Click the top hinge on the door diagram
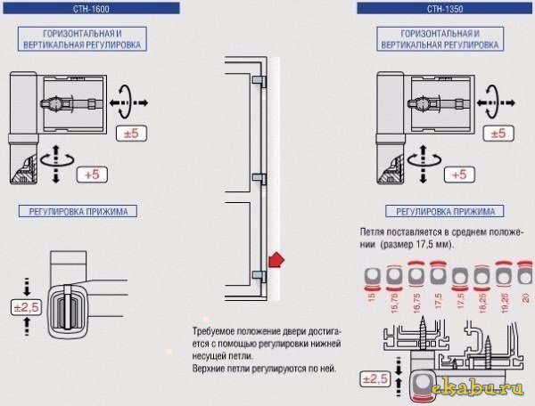[x=258, y=81]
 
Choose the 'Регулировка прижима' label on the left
[x=83, y=212]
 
